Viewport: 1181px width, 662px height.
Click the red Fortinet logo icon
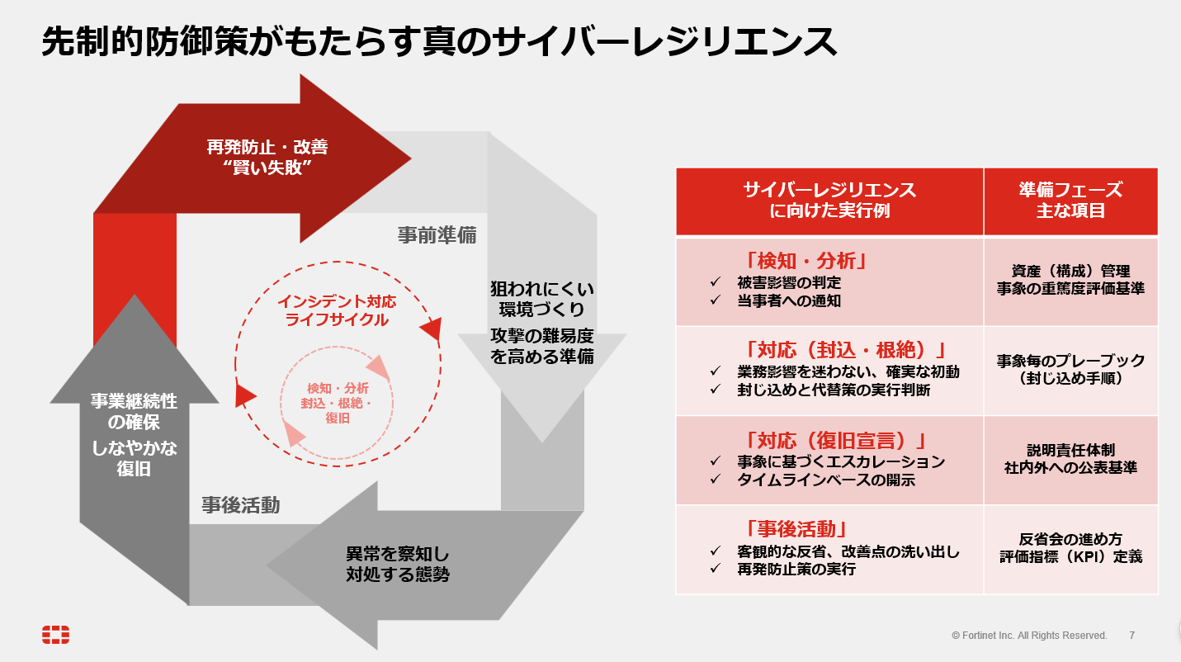coord(56,635)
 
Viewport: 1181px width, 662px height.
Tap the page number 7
coord(1131,636)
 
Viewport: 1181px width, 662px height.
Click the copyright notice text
coord(1029,636)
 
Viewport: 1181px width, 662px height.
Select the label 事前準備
coord(437,235)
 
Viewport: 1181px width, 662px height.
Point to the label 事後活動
coord(240,505)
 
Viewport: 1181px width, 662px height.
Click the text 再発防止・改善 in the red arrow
coord(267,147)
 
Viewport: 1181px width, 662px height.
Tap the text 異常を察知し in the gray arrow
coord(398,554)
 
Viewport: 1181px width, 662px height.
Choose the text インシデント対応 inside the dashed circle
coord(337,301)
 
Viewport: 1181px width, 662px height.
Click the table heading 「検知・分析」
coord(805,261)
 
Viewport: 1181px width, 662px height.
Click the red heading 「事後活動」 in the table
coord(796,529)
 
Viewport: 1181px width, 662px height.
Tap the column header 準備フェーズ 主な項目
coord(1070,200)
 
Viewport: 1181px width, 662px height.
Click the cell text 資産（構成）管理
coord(1070,271)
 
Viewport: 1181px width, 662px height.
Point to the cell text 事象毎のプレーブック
coord(1070,361)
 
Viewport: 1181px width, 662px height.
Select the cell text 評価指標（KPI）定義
coord(1070,556)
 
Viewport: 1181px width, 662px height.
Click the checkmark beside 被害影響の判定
coord(716,282)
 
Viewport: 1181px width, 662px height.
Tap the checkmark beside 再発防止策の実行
coord(716,569)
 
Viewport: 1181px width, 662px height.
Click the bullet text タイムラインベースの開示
coord(826,480)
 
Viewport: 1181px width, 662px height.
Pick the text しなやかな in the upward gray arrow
coord(134,448)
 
